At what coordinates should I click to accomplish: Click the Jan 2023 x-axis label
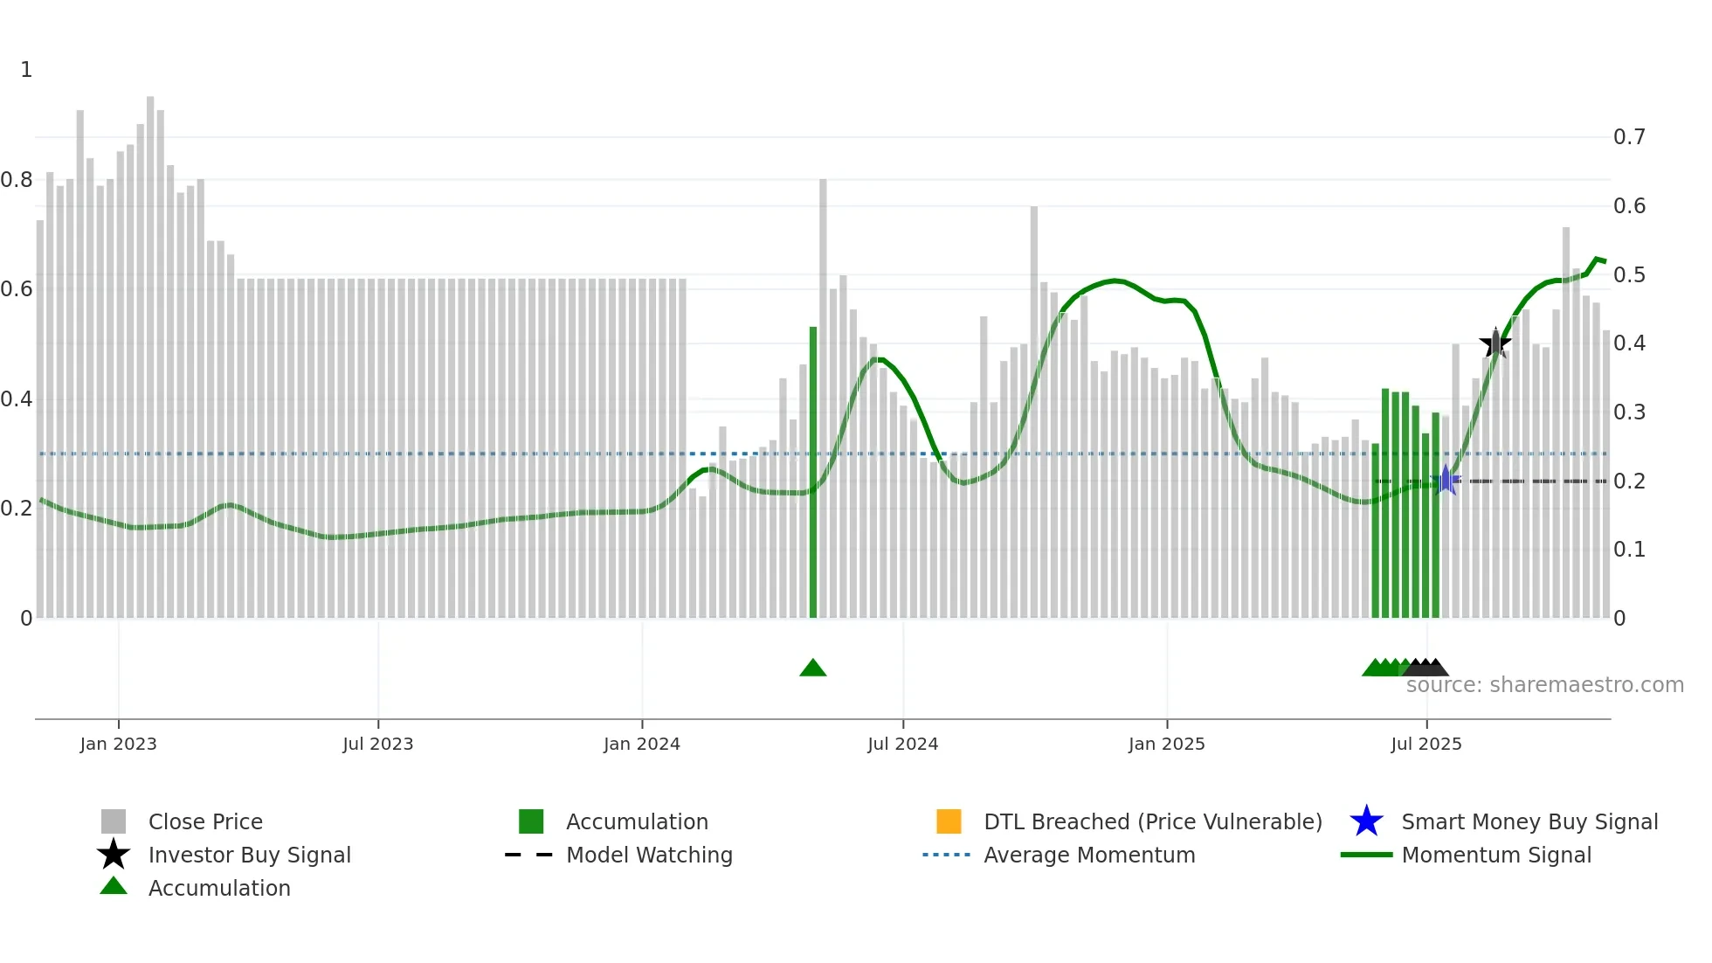118,744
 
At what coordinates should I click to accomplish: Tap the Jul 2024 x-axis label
902,744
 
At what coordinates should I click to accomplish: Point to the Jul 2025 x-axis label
1426,744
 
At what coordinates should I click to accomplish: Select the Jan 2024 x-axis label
641,744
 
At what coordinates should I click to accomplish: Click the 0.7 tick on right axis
1629,137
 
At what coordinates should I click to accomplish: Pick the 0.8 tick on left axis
17,180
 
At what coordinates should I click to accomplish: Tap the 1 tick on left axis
26,70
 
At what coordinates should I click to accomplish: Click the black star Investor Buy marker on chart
1495,343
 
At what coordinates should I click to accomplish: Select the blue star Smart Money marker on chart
1446,481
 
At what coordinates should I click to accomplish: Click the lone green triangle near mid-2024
812,669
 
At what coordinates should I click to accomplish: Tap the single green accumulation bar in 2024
813,472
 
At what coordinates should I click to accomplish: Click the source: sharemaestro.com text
1544,685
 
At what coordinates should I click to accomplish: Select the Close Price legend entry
205,821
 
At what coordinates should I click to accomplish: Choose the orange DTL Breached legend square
949,821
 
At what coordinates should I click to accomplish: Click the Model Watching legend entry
648,855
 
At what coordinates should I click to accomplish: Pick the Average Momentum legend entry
1088,855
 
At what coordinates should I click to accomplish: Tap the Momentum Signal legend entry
1495,855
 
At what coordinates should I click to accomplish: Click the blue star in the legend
1366,821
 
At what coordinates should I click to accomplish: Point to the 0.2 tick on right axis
1629,481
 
